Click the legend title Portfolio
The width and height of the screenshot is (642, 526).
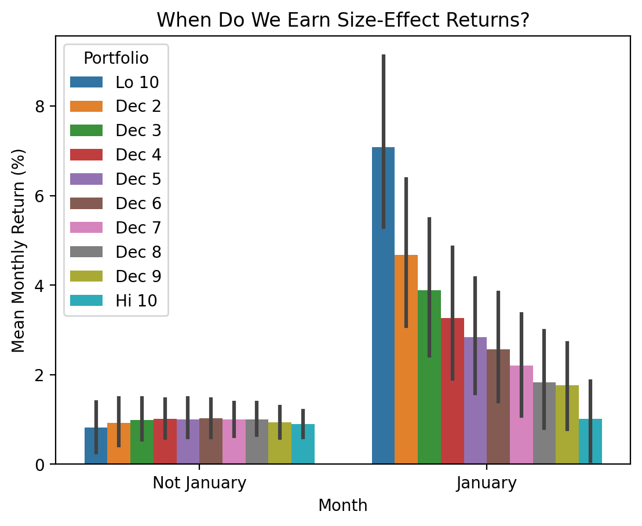click(x=116, y=59)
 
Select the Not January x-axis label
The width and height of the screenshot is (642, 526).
click(x=199, y=483)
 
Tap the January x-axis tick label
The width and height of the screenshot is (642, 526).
click(x=486, y=483)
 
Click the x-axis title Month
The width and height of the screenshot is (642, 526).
click(x=343, y=506)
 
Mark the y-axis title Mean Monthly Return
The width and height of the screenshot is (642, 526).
click(x=19, y=250)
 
